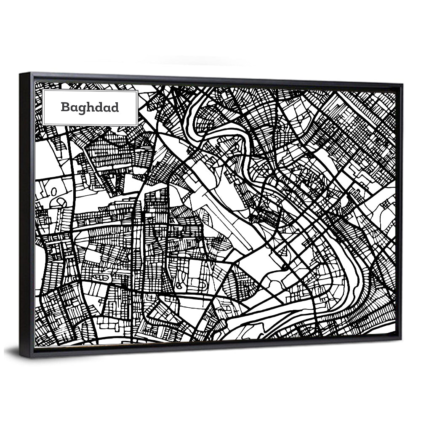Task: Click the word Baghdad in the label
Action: pos(90,107)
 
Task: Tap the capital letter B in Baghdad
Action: pos(64,107)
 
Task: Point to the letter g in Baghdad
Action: pos(80,109)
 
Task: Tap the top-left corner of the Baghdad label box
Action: pos(43,90)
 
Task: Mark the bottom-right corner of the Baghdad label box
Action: pos(138,125)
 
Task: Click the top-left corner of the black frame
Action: pos(20,74)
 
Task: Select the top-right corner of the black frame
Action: pos(402,84)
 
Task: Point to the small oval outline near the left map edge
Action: pos(54,192)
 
